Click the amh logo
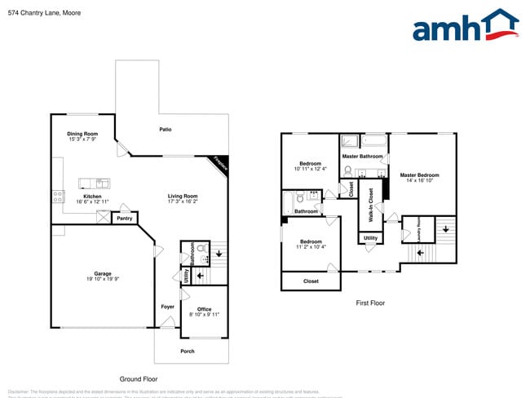(x=465, y=26)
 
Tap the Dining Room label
(x=82, y=134)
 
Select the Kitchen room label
(x=92, y=196)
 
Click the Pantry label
(x=124, y=219)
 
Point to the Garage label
(x=102, y=274)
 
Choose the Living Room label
(x=183, y=196)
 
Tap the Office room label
(x=204, y=309)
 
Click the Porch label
(x=188, y=352)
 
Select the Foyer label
(x=167, y=307)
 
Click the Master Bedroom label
(x=419, y=175)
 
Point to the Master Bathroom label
(x=362, y=156)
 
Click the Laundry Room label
(x=418, y=229)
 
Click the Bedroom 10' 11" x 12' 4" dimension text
(x=310, y=169)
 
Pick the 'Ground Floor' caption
(x=139, y=379)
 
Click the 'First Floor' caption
(x=369, y=303)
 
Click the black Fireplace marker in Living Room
(x=220, y=163)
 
